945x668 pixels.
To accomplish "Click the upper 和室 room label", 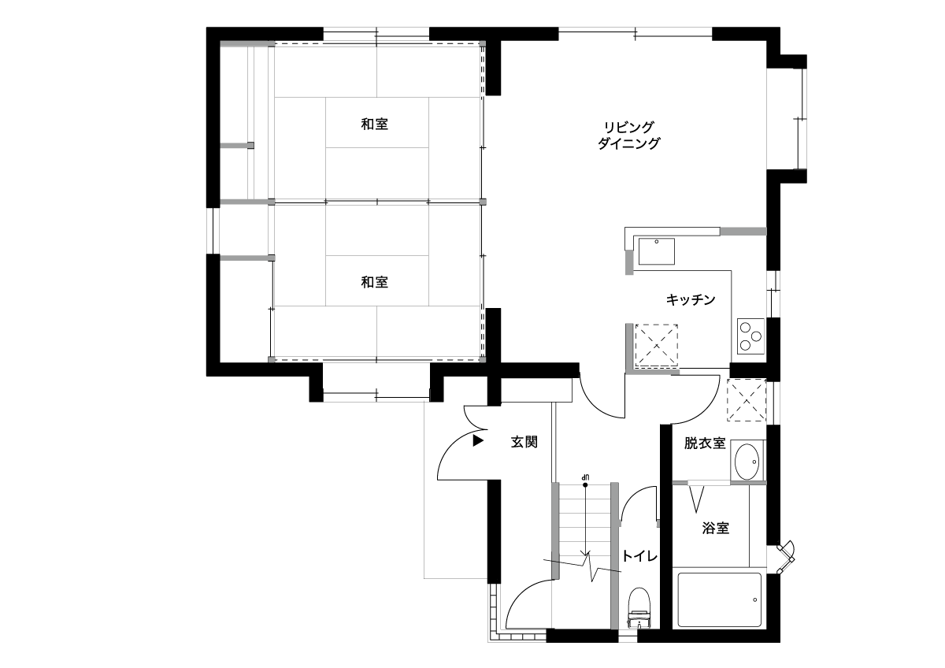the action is point(374,124).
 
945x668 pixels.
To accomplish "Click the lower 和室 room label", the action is point(374,282).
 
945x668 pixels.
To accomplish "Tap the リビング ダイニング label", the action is point(628,135).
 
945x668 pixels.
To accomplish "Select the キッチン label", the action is point(691,299).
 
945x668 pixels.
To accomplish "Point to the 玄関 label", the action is point(524,442).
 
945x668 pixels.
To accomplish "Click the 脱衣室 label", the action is point(705,443).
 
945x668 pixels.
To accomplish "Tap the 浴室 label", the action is point(716,528).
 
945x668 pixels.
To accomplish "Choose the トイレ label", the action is point(640,556).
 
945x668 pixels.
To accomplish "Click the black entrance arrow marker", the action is point(477,441).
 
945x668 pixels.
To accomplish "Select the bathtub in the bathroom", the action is point(720,599).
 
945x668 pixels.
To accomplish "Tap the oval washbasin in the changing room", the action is point(747,462).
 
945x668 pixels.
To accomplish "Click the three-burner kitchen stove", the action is point(751,336).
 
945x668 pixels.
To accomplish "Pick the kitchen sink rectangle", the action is point(657,251).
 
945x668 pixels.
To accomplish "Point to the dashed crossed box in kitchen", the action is point(657,346).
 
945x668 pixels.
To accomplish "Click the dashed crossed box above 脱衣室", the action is point(747,400).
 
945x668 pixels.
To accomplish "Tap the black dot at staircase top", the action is point(585,485).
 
